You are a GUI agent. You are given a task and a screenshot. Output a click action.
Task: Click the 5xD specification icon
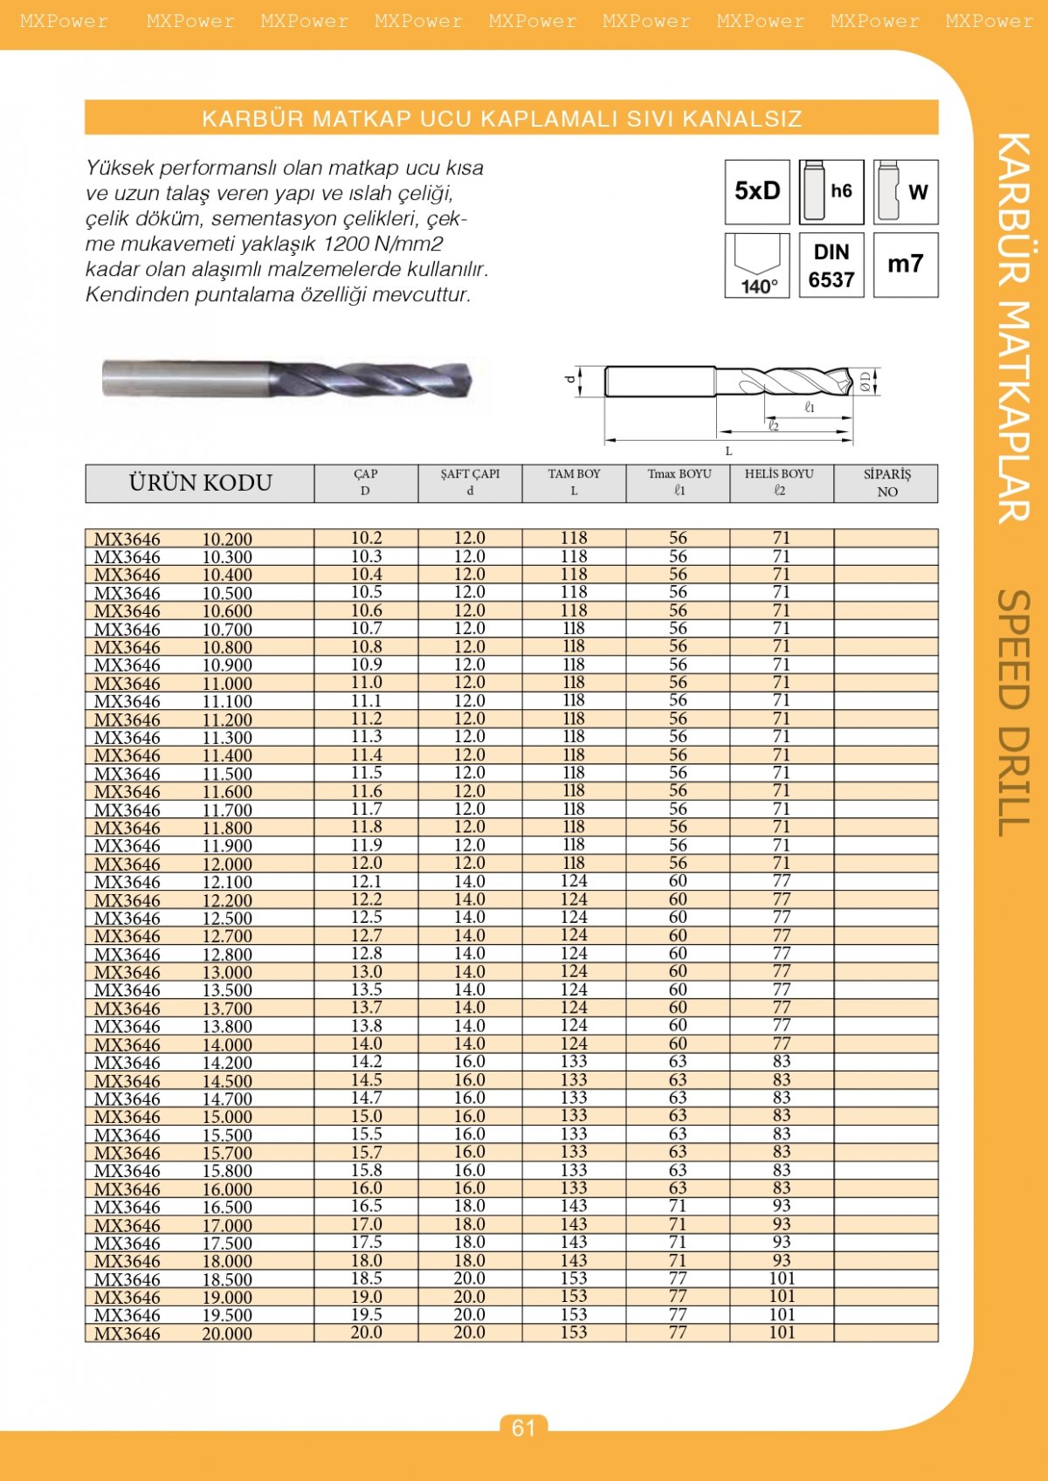click(757, 191)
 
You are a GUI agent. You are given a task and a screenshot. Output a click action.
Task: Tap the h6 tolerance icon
click(831, 191)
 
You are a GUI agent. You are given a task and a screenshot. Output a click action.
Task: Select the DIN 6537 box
click(831, 265)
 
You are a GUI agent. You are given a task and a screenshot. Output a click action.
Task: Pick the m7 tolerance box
click(906, 264)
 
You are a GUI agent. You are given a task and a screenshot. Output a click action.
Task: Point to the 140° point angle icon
click(757, 265)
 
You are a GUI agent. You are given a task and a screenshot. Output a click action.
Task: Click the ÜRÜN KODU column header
click(200, 483)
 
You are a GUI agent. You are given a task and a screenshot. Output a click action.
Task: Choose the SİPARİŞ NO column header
click(886, 483)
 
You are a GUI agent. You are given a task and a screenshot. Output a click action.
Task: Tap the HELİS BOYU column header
click(780, 483)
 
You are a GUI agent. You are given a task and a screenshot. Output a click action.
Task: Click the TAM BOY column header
click(574, 483)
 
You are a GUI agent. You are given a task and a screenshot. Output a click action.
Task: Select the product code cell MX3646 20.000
click(173, 1333)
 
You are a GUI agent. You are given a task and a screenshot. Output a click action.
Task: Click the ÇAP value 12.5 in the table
click(366, 917)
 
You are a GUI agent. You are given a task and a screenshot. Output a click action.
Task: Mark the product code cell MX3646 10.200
click(173, 539)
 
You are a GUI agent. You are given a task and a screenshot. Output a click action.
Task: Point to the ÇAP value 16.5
click(366, 1206)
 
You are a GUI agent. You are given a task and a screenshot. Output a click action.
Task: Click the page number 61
click(523, 1428)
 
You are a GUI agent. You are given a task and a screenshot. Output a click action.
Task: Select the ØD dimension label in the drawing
click(866, 381)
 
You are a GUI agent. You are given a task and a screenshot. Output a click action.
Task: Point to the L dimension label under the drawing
click(728, 451)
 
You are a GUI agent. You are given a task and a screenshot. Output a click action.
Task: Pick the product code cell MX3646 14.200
click(173, 1063)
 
